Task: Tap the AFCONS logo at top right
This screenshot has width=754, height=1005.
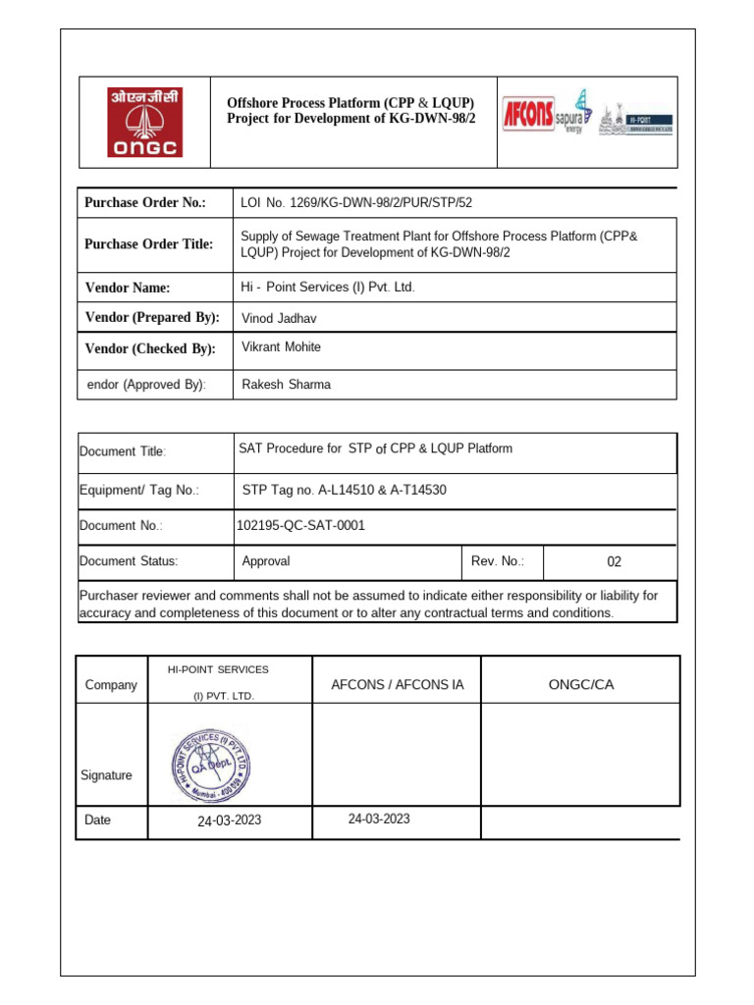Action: (x=529, y=114)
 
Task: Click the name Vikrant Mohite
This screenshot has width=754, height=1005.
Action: (x=282, y=347)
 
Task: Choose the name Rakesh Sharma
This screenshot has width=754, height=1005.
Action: (x=287, y=385)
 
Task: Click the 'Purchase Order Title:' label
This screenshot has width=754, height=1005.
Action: (x=148, y=244)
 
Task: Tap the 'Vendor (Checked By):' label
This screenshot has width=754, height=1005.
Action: (x=150, y=349)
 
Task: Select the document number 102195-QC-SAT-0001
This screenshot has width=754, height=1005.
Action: (x=300, y=525)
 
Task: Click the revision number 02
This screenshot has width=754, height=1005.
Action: (x=615, y=562)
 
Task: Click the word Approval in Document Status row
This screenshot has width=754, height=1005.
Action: (x=266, y=561)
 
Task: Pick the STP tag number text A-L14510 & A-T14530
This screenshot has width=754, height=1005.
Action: (x=345, y=489)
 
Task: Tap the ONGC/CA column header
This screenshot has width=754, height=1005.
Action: (x=581, y=684)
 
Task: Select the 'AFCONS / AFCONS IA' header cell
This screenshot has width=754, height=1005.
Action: (x=397, y=684)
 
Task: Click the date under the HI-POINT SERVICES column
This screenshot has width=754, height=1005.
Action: (x=230, y=820)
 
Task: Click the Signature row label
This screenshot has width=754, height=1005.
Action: (x=106, y=775)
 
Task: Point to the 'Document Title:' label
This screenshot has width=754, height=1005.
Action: (x=123, y=451)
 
